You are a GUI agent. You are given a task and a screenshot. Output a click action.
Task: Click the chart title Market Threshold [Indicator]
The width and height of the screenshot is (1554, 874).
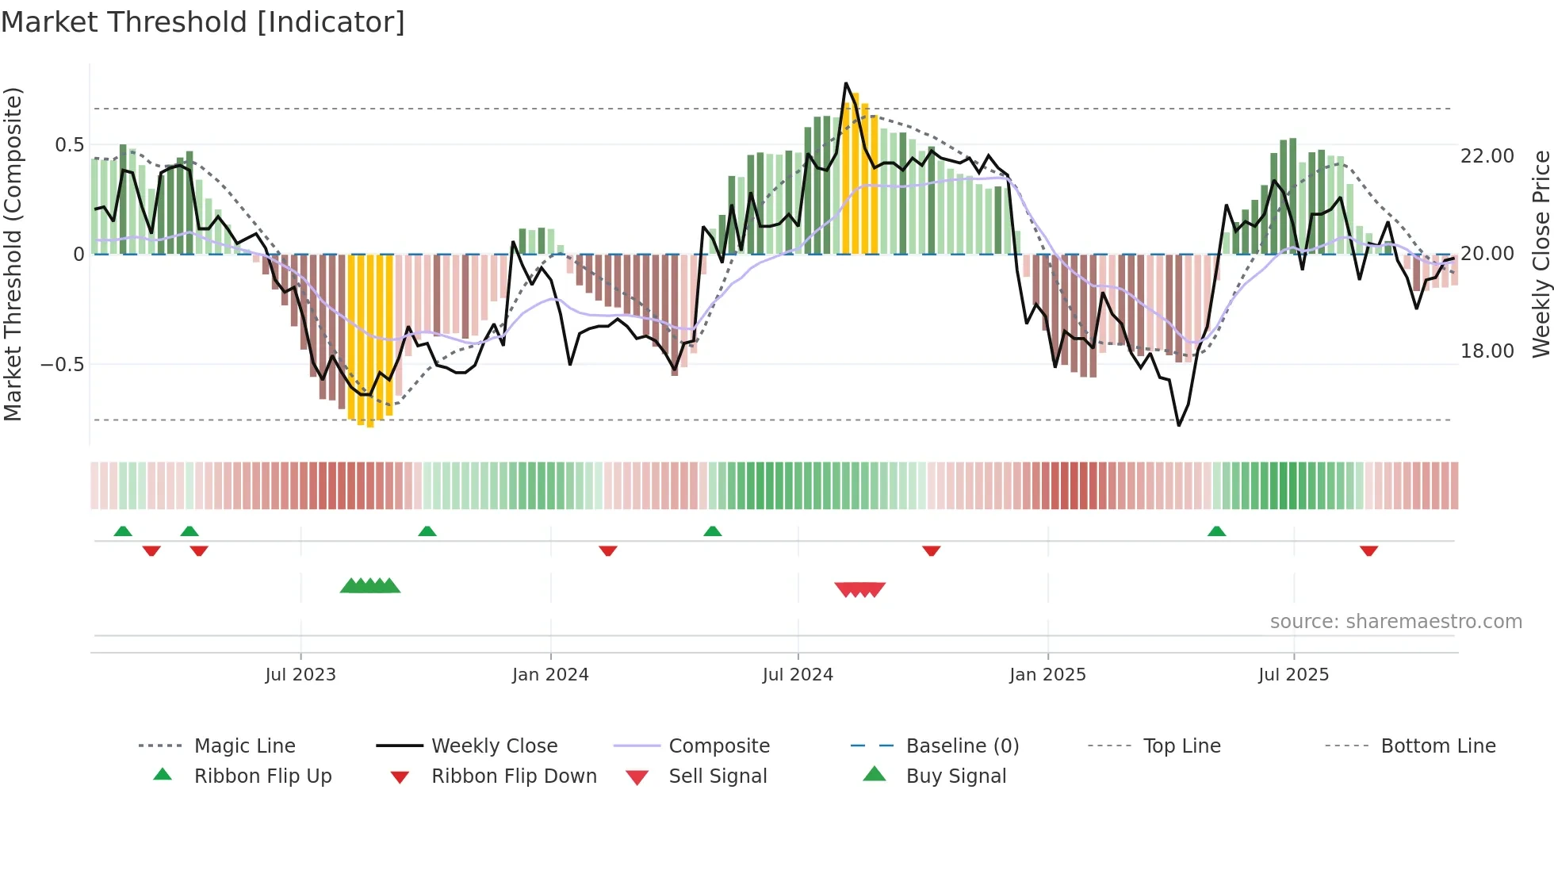[203, 22]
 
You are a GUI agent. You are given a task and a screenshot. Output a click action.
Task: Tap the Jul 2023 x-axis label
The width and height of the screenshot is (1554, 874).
[300, 675]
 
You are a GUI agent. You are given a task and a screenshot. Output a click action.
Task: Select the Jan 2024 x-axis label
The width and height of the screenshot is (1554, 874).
[550, 675]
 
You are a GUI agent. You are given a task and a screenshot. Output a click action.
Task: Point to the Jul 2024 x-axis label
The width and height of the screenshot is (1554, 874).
[798, 675]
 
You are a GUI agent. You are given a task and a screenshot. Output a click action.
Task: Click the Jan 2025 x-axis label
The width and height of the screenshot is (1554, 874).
[1047, 675]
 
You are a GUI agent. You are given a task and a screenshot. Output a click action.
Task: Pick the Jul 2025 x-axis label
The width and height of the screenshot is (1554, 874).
[1293, 675]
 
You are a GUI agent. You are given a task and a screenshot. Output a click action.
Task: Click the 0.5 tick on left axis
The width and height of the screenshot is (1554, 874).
[69, 145]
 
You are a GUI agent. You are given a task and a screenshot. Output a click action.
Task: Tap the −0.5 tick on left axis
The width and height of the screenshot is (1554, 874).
[63, 365]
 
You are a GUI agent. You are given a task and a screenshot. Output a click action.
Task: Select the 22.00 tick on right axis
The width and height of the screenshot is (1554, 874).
[1487, 156]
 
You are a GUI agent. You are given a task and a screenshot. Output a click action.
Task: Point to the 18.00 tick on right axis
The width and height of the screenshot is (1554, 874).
[1487, 351]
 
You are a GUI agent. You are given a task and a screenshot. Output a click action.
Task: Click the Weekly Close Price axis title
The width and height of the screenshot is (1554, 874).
[1541, 254]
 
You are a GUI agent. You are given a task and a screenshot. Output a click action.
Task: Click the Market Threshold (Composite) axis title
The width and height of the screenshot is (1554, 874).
[13, 254]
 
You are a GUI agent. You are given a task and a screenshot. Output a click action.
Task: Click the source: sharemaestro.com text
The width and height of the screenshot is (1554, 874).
[1395, 622]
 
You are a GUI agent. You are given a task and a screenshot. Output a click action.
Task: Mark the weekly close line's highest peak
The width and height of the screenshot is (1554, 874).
[846, 83]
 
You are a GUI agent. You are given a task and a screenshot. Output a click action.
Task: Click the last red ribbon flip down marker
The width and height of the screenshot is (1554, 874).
[1368, 550]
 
